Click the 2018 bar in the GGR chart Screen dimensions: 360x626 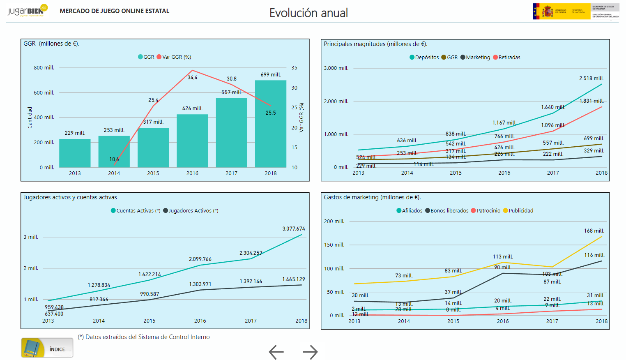270,123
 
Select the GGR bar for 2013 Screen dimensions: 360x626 75,153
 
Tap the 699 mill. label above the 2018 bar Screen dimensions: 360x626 271,75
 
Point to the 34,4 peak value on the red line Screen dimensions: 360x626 192,77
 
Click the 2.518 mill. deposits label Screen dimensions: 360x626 591,78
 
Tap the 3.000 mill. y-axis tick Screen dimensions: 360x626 336,68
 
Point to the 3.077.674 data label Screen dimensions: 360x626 293,229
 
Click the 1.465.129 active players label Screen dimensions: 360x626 293,279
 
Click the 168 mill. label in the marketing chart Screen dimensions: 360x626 594,231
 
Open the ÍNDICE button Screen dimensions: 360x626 47,348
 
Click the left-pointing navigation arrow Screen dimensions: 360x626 276,352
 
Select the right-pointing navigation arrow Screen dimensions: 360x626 310,352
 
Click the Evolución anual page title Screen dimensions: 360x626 308,13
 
